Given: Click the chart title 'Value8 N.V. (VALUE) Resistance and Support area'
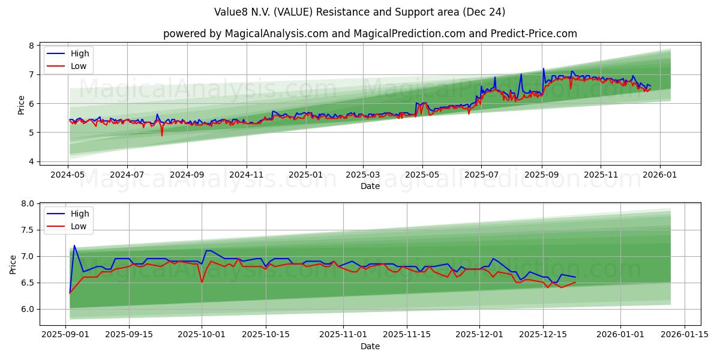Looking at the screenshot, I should coord(359,12).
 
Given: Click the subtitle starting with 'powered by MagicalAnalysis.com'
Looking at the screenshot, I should coord(370,34).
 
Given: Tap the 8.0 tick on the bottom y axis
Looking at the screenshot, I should coord(28,204).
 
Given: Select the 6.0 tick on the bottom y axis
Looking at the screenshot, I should coord(28,309).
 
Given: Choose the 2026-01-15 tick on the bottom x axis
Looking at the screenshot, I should coord(683,334).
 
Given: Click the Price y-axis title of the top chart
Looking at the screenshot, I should coord(22,104).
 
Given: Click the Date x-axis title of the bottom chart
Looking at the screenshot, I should coord(370,346).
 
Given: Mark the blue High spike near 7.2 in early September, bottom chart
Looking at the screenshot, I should coord(74,245).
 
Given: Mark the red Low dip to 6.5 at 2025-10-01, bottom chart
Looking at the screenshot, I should coord(202,282).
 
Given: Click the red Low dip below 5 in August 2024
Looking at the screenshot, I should coord(161,135).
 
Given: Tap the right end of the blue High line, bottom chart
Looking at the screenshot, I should coord(575,277).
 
